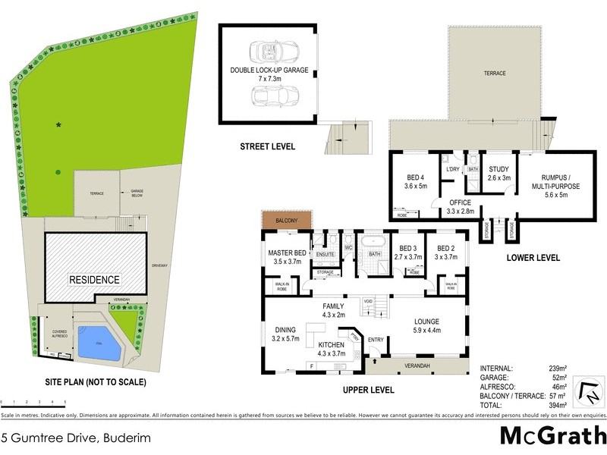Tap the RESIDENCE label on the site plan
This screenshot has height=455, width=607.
pos(95,279)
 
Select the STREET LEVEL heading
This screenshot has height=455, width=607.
pos(268,146)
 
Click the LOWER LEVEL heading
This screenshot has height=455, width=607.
pos(533,258)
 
